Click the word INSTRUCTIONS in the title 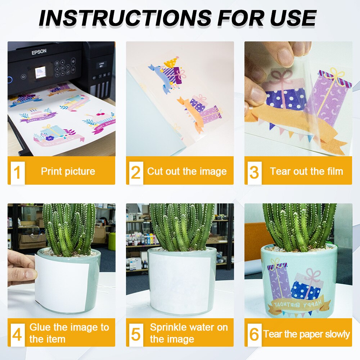125,18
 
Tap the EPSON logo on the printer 39,51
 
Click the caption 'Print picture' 68,171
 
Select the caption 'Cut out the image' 187,171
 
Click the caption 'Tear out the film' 306,171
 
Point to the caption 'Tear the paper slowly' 306,334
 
